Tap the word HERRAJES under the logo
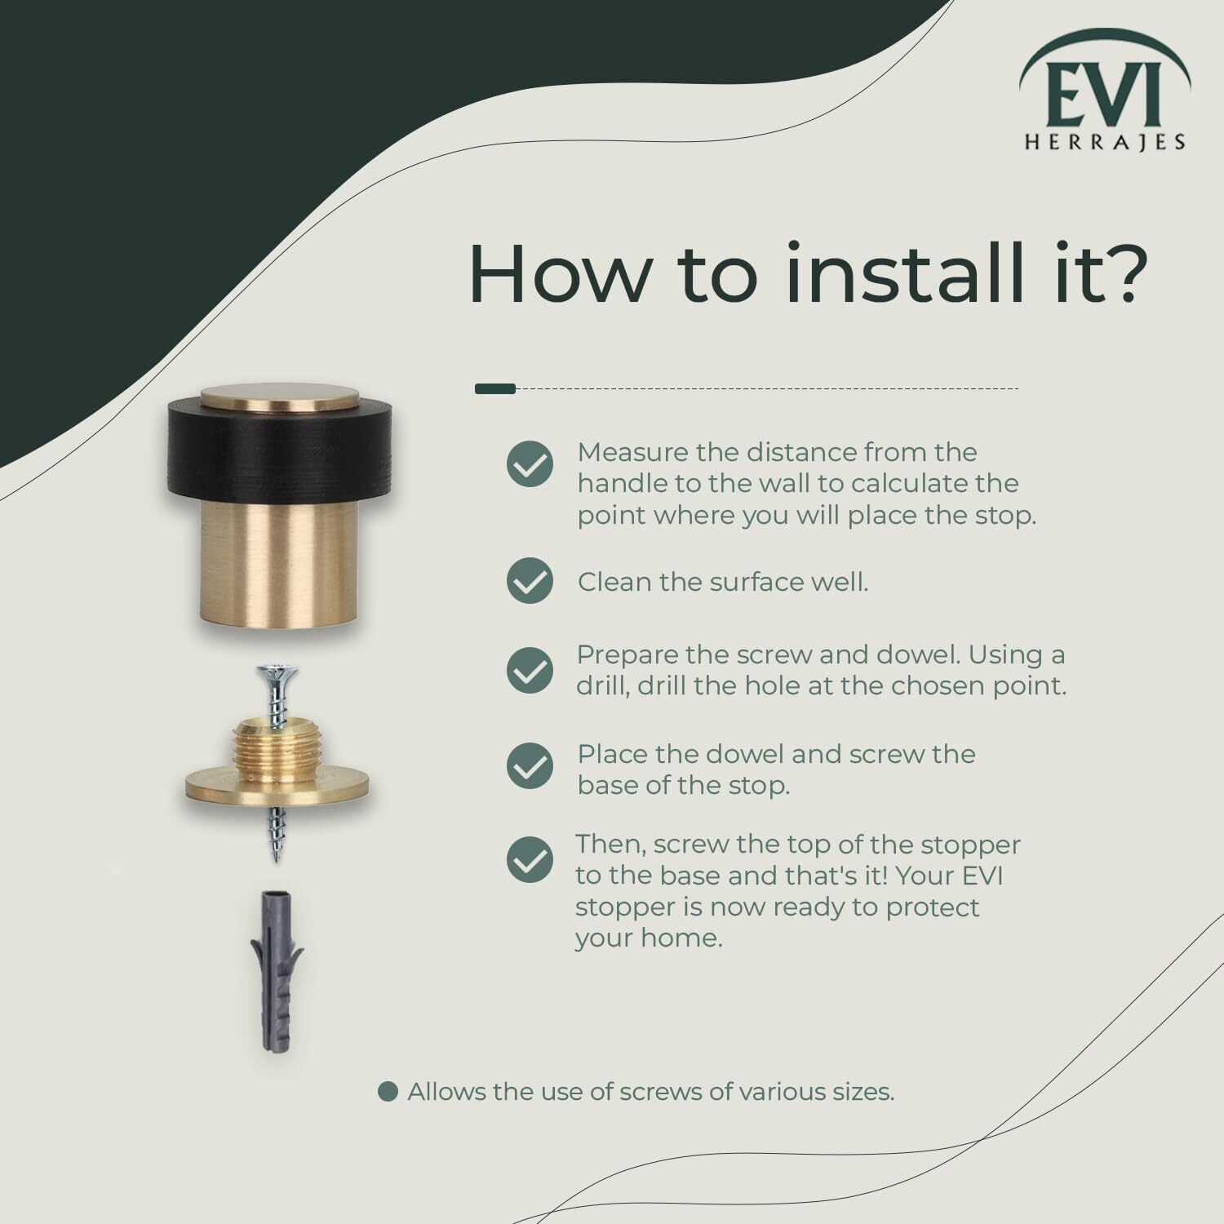1105,142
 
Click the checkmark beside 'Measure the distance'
530,464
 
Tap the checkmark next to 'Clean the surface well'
530,581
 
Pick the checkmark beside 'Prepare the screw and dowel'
530,670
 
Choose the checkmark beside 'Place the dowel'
530,765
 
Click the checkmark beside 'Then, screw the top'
530,860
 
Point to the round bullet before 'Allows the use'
388,1092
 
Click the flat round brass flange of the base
277,784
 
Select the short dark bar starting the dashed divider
495,388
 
